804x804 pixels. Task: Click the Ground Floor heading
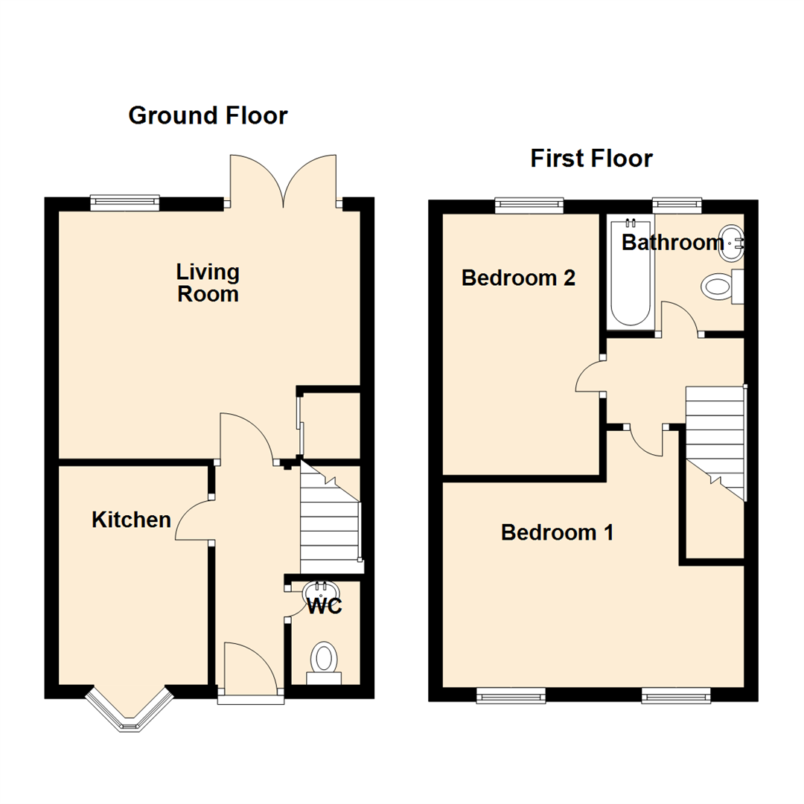208,115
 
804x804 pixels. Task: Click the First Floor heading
591,159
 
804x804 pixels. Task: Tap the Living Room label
208,283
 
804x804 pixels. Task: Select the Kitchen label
131,520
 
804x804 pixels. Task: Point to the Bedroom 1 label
557,532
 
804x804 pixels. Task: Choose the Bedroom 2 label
518,278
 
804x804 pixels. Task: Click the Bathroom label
672,242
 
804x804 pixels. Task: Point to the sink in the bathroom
732,243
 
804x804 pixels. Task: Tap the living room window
124,200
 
